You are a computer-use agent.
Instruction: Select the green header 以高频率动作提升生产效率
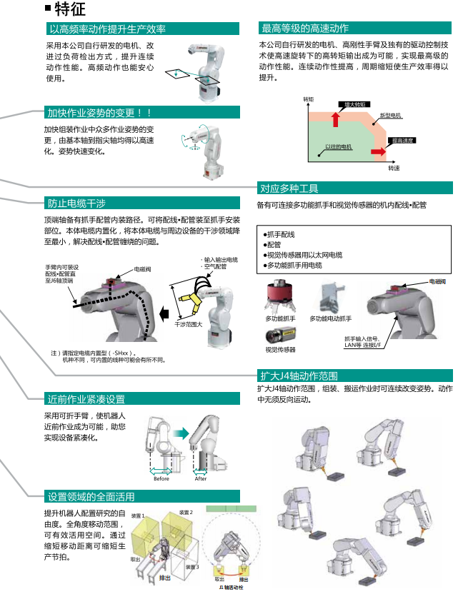107,29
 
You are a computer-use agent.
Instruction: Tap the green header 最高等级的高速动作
305,29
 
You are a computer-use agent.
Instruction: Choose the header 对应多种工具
289,188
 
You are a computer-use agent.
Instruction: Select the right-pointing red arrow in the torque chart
377,151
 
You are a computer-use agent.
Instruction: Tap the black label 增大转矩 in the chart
355,104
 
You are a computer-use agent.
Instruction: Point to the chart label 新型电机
390,115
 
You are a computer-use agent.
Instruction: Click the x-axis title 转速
394,168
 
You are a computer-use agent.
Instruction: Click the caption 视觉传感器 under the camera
280,350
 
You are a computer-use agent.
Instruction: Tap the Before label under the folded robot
161,478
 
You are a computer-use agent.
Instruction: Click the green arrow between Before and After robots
181,433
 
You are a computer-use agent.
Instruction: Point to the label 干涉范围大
188,324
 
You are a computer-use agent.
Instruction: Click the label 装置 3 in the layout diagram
191,565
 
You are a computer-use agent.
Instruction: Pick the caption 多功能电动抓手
331,318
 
